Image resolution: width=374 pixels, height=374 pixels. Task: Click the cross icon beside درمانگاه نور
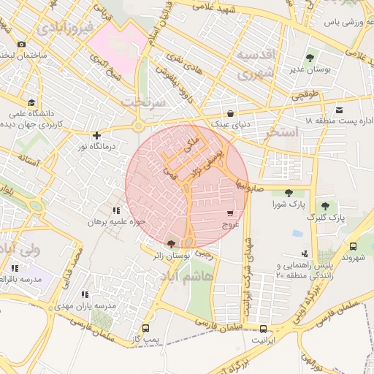coord(96,135)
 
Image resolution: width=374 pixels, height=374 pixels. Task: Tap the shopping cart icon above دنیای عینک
coord(231,113)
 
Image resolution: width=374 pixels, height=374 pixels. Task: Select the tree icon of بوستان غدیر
coord(310,57)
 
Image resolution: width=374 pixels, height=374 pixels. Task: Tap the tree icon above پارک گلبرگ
coord(325,207)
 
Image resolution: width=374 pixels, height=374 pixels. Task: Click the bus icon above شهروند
coord(354,247)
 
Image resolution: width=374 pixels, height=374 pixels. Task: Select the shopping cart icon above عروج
coord(231,214)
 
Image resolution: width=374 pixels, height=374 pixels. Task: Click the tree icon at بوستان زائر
coord(171,244)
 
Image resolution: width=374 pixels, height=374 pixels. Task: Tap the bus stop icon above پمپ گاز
coord(145,329)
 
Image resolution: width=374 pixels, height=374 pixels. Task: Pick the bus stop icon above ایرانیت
coord(264,329)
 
